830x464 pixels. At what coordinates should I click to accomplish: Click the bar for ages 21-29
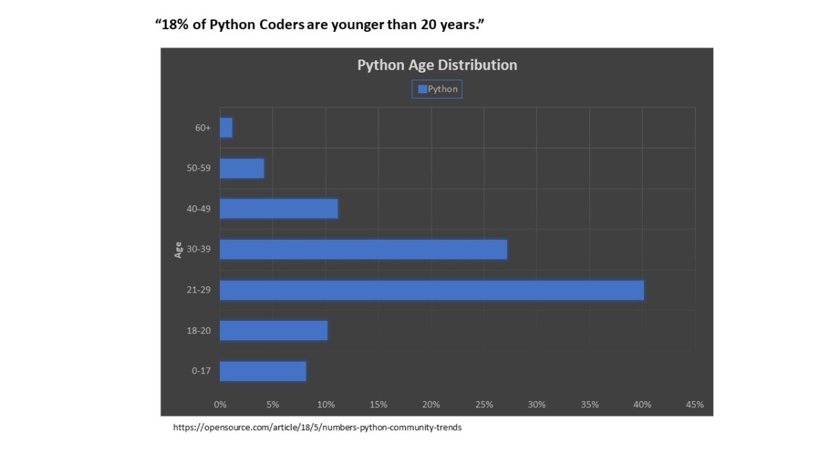tap(432, 290)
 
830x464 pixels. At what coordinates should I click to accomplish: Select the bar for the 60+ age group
tap(226, 128)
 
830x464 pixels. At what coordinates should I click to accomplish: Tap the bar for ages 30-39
tap(363, 250)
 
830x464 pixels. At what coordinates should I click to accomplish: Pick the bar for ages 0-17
tap(263, 371)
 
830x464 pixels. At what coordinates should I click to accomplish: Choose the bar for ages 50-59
tap(242, 169)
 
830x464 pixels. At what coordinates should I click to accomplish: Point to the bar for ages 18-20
tap(274, 331)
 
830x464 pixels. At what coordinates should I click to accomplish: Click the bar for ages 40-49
tap(279, 209)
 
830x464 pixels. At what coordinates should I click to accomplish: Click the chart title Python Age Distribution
tap(436, 65)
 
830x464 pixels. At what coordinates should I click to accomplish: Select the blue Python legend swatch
tap(422, 89)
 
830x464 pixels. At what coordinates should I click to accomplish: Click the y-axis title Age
tap(178, 250)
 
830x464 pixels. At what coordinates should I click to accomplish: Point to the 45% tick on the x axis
tap(694, 405)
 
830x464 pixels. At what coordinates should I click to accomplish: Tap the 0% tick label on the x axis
tap(220, 405)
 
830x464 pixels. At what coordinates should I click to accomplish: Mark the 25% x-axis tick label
tap(484, 405)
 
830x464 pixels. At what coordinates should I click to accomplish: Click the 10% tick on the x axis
tap(326, 405)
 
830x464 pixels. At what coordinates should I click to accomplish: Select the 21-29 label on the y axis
tap(199, 290)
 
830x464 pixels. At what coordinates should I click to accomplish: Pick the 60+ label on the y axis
tap(203, 128)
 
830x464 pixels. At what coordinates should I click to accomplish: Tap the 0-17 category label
tap(201, 371)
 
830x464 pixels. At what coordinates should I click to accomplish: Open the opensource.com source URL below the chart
tap(317, 427)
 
